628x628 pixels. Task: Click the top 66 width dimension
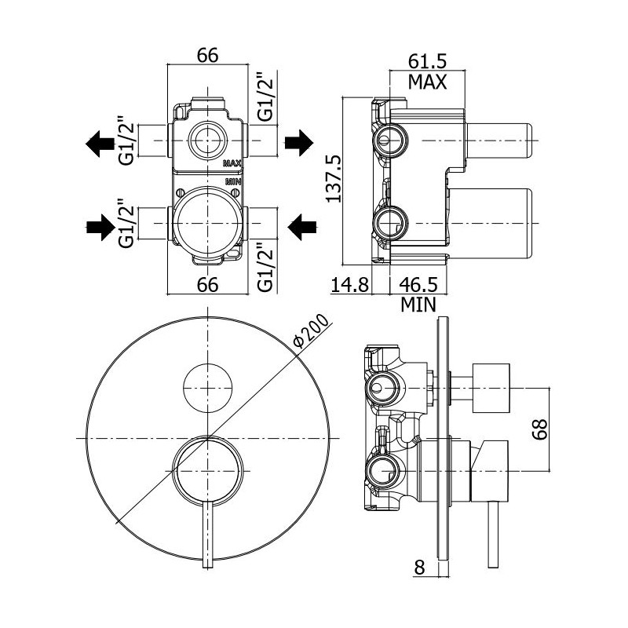pos(206,57)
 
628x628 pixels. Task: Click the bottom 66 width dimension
pos(207,284)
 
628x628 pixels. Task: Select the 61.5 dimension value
pos(428,60)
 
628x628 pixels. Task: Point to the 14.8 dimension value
pos(349,284)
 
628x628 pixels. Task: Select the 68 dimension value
pos(539,429)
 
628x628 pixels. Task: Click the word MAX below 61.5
pos(428,81)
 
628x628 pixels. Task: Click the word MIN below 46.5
pos(418,304)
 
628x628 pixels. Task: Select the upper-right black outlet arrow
pos(298,143)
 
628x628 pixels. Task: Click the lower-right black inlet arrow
pos(301,228)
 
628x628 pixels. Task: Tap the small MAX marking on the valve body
pos(232,164)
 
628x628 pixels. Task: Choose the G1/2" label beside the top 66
pos(265,97)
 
